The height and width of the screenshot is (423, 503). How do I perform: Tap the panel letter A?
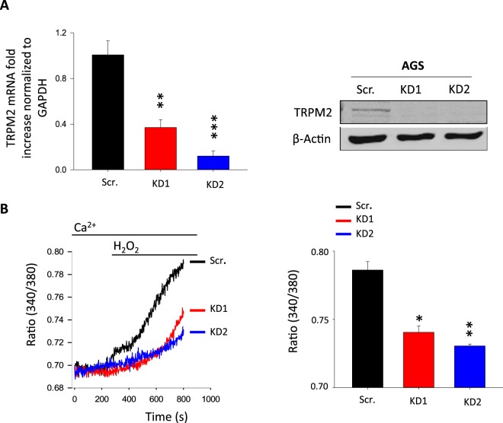click(8, 8)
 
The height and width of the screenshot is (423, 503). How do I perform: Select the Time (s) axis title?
click(138, 415)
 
